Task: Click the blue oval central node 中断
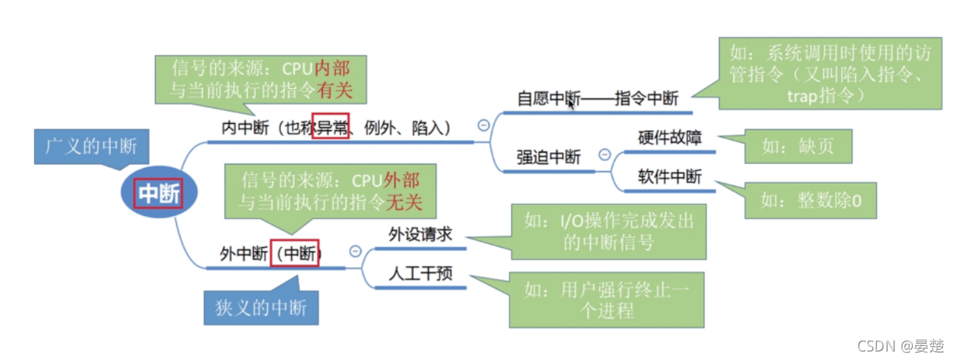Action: (159, 193)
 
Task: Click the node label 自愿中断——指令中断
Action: (598, 98)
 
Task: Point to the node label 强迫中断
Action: (548, 157)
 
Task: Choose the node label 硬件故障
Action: (670, 138)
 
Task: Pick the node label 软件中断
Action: (670, 177)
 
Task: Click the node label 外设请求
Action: (420, 235)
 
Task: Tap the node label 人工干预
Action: (420, 274)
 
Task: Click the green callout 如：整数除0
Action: (810, 201)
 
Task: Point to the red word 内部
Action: (331, 68)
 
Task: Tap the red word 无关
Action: (404, 204)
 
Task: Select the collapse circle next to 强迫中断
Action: (605, 155)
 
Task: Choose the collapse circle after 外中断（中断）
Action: (355, 251)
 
